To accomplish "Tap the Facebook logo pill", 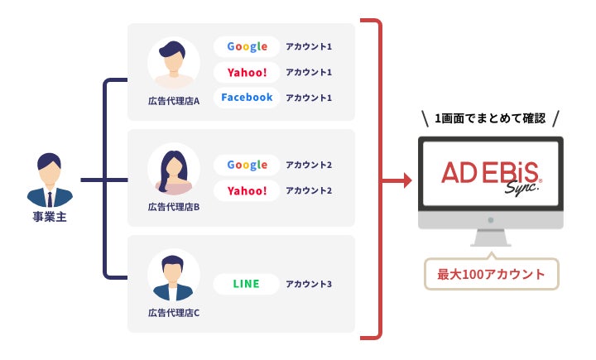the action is pyautogui.click(x=247, y=98).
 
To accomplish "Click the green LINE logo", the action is pyautogui.click(x=246, y=284).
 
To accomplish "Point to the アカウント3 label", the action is pyautogui.click(x=309, y=285).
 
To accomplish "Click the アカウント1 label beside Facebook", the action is pyautogui.click(x=309, y=98).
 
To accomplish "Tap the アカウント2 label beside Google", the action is pyautogui.click(x=309, y=165).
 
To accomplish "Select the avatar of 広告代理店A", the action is pyautogui.click(x=174, y=63).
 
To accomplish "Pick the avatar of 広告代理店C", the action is pyautogui.click(x=174, y=276).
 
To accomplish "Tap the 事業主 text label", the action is pyautogui.click(x=49, y=218).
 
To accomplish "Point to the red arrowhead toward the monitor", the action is pyautogui.click(x=406, y=180).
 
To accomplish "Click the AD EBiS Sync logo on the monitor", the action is pyautogui.click(x=491, y=176).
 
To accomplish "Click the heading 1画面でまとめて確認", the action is pyautogui.click(x=491, y=118).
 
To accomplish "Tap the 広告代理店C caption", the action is pyautogui.click(x=174, y=313).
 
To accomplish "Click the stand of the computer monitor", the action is pyautogui.click(x=491, y=238).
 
